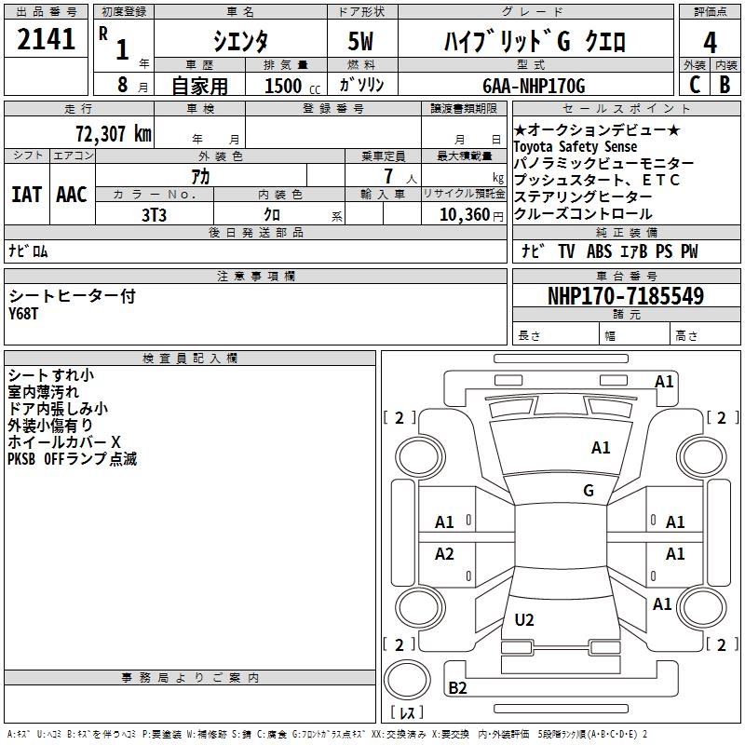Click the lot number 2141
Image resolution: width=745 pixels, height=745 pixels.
coord(46,39)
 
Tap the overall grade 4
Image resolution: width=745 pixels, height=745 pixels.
coord(710,42)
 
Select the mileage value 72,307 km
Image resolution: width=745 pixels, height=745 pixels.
coord(113,133)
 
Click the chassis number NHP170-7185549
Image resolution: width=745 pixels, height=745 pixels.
coord(625,296)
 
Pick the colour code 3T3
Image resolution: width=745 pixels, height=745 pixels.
coord(154,214)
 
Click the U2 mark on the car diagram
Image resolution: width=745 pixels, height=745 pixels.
coord(524,619)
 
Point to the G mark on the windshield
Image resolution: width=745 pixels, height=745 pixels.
coord(589,491)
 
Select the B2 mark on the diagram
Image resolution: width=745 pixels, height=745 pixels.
coord(457,688)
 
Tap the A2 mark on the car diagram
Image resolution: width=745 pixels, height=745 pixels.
coord(444,554)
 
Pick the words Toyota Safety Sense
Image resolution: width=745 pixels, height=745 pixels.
coord(575,147)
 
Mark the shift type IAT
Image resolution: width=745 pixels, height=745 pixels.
coord(26,195)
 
